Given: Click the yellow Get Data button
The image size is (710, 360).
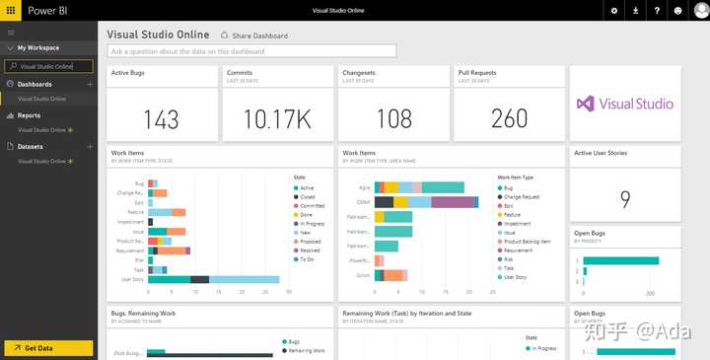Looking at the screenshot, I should (x=48, y=348).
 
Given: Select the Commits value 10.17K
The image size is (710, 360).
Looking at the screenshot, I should (x=277, y=119).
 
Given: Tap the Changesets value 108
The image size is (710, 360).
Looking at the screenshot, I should (x=394, y=119).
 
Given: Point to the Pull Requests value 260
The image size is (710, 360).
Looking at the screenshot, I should (x=509, y=119).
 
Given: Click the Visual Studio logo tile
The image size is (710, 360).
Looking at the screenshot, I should (x=625, y=104).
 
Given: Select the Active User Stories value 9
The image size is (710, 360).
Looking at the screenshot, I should (x=625, y=200).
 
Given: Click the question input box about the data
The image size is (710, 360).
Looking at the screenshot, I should (x=251, y=50).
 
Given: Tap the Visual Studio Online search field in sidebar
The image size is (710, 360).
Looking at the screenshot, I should (x=49, y=67).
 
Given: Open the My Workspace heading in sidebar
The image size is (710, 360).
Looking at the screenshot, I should (x=38, y=47).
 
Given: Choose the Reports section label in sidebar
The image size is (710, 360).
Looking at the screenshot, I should (x=30, y=115).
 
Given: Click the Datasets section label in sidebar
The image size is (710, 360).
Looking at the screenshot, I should (x=31, y=146).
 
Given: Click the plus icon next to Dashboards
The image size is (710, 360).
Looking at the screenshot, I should (x=90, y=85).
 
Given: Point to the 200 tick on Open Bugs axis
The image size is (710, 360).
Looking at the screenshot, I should (x=650, y=295).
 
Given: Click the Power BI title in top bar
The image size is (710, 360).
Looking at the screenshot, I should (x=34, y=10).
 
